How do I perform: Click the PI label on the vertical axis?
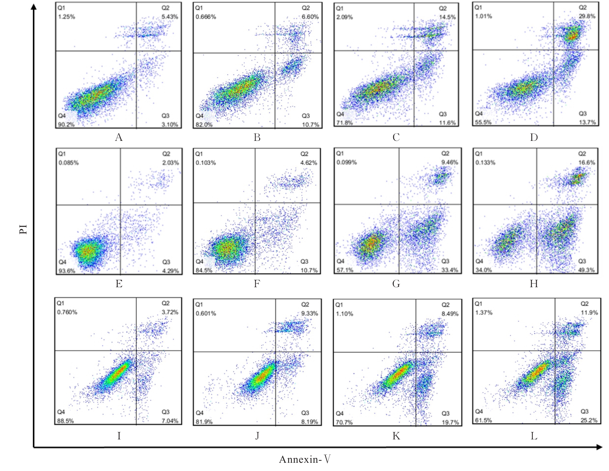pos(23,229)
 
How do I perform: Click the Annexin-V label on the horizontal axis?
pos(304,459)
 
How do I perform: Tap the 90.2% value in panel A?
pos(66,124)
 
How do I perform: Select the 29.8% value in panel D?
pos(587,16)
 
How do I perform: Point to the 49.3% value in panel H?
pos(586,270)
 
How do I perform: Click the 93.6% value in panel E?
pos(67,271)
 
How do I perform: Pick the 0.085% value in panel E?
pos(68,163)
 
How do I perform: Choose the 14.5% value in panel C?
pos(447,17)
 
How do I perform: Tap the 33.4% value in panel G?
pos(450,270)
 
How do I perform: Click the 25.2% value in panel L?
pos(589,420)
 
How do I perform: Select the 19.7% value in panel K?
pos(450,422)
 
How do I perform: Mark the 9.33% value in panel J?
pos(309,313)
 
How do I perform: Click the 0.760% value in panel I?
pos(67,312)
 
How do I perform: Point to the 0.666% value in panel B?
pos(206,17)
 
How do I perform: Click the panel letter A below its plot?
pos(119,138)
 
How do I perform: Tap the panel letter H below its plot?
pos(534,284)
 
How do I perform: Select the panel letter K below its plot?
pos(396,436)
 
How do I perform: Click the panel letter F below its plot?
pos(257,284)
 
